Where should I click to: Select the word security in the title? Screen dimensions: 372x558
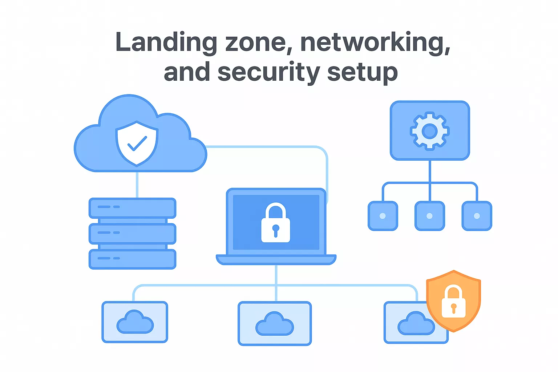coord(268,72)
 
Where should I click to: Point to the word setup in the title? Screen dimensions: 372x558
coord(362,72)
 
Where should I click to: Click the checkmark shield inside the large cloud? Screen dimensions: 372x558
coord(137,143)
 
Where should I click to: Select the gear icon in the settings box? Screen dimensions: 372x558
coord(430,131)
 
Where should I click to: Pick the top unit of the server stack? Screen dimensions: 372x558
coord(133,208)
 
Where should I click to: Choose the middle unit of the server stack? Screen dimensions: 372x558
coord(133,234)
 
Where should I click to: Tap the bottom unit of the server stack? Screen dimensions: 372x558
coord(133,259)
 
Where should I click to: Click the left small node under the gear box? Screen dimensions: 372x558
coord(383,216)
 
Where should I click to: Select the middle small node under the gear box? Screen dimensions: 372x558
coord(430,216)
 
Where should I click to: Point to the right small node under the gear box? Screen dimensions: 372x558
coord(477,216)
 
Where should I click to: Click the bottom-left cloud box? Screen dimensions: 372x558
coord(135,322)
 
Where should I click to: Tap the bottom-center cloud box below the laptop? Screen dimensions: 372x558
coord(275,323)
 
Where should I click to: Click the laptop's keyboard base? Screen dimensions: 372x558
coord(276,259)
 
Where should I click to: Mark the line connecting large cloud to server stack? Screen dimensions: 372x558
coord(137,185)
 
